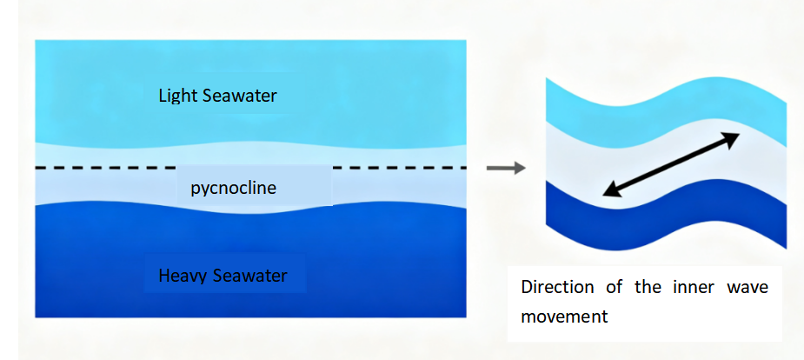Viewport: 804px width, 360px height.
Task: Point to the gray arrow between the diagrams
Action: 505,167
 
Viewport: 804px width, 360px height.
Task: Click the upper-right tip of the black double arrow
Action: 736,136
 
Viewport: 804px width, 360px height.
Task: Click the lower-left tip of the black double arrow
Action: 607,193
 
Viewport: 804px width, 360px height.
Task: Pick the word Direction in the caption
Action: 559,288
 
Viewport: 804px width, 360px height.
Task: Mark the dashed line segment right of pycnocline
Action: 400,167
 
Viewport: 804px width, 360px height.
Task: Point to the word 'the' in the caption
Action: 648,288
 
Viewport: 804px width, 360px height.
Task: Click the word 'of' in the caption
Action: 611,288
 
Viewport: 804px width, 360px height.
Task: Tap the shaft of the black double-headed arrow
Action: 671,164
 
